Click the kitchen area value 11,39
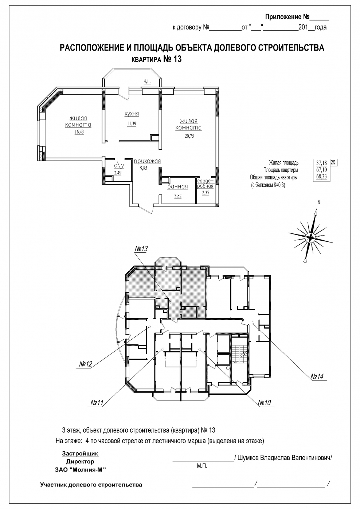[132, 124]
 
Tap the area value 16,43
[79, 132]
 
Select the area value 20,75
[189, 136]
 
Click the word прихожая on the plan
[147, 161]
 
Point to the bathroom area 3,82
[178, 196]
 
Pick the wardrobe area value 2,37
[206, 193]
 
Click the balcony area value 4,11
[147, 81]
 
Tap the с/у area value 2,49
[118, 173]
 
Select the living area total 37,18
[322, 163]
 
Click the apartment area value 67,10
[322, 170]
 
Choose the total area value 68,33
[322, 177]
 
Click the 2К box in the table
[334, 162]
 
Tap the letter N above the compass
[319, 202]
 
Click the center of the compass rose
[310, 237]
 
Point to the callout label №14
[317, 376]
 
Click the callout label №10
[265, 403]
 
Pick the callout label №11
[97, 403]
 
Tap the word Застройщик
[80, 454]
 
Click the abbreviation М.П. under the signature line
[202, 466]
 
